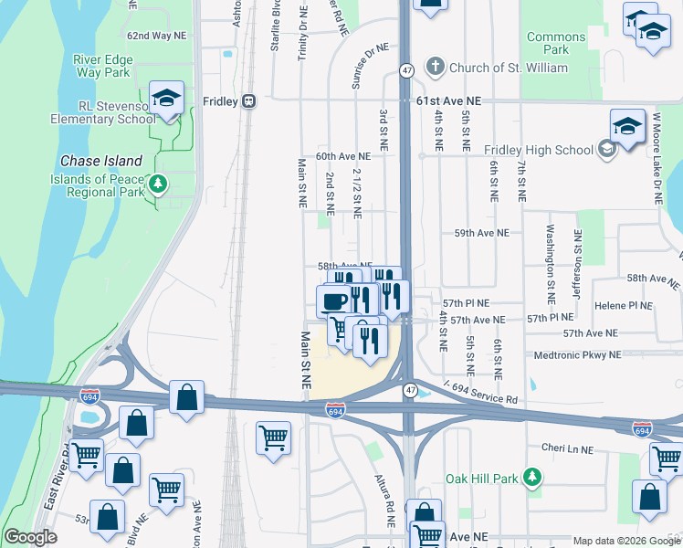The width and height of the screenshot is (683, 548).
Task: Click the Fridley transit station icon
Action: tap(248, 101)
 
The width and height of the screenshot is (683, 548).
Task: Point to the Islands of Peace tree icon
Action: tap(158, 184)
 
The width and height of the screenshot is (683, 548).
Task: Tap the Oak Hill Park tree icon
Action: tap(533, 478)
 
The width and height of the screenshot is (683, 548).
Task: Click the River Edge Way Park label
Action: tap(103, 66)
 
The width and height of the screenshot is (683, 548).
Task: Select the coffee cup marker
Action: tap(334, 300)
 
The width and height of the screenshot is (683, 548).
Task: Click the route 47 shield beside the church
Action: tap(407, 69)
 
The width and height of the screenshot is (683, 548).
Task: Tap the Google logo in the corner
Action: tap(31, 537)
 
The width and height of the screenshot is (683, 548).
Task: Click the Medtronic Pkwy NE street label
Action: tap(576, 354)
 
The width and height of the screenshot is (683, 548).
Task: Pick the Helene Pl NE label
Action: tap(623, 305)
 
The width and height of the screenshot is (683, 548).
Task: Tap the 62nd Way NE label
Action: tap(156, 36)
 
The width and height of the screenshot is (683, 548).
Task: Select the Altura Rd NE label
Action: tap(384, 501)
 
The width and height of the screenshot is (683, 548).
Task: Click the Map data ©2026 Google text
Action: tap(625, 541)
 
